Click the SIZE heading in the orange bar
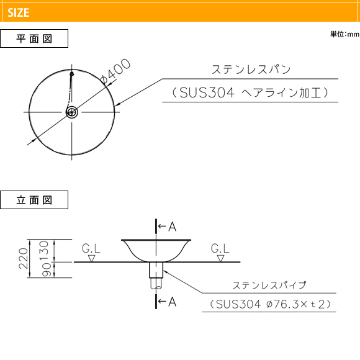click(19, 12)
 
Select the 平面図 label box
click(34, 38)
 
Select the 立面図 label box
click(34, 200)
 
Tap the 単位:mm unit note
click(345, 34)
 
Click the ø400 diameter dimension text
click(115, 71)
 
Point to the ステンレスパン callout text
click(251, 70)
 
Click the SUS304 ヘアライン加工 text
click(250, 92)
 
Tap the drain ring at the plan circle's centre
click(72, 112)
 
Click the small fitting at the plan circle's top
click(72, 73)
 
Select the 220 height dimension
click(24, 258)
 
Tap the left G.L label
click(91, 249)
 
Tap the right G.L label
click(220, 249)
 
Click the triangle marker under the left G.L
click(91, 258)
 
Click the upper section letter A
click(172, 227)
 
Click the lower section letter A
click(172, 302)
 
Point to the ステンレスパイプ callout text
click(269, 285)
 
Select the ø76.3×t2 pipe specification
click(299, 304)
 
